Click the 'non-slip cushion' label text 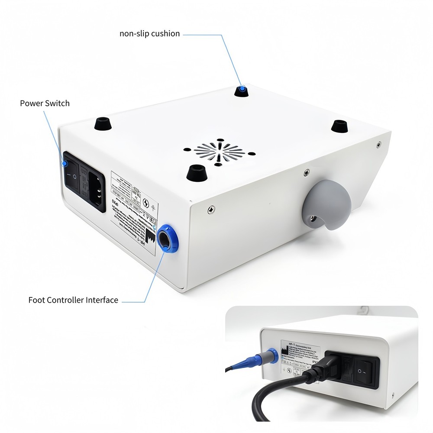(x=149, y=33)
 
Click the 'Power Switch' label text (x=45, y=103)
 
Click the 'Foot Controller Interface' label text (x=73, y=300)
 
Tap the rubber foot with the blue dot (x=242, y=91)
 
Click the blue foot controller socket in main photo (x=167, y=238)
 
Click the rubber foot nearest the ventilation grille (x=196, y=172)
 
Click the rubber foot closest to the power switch (x=102, y=123)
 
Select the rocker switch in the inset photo (x=366, y=372)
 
